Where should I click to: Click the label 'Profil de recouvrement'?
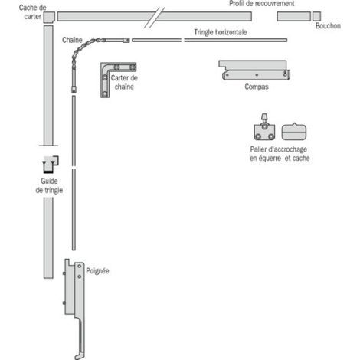pyautogui.click(x=262, y=4)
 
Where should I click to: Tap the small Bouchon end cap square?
pyautogui.click(x=316, y=16)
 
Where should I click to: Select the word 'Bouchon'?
pyautogui.click(x=328, y=26)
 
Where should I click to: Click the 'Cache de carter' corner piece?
pyautogui.click(x=49, y=18)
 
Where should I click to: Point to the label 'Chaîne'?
pyautogui.click(x=72, y=40)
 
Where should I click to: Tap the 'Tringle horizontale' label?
pyautogui.click(x=221, y=32)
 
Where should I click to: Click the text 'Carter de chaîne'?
pyautogui.click(x=124, y=82)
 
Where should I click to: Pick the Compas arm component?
pyautogui.click(x=254, y=70)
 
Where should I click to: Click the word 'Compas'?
pyautogui.click(x=257, y=87)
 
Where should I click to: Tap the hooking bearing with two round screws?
pyautogui.click(x=264, y=129)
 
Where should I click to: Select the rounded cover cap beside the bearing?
pyautogui.click(x=294, y=132)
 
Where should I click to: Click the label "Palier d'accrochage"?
pyautogui.click(x=279, y=149)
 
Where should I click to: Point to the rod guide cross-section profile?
pyautogui.click(x=51, y=165)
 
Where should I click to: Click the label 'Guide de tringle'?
pyautogui.click(x=49, y=185)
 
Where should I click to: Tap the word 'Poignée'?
pyautogui.click(x=97, y=271)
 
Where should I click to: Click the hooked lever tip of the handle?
pyautogui.click(x=77, y=356)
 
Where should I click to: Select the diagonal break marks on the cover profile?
pyautogui.click(x=154, y=18)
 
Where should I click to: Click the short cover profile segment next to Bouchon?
pyautogui.click(x=294, y=16)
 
